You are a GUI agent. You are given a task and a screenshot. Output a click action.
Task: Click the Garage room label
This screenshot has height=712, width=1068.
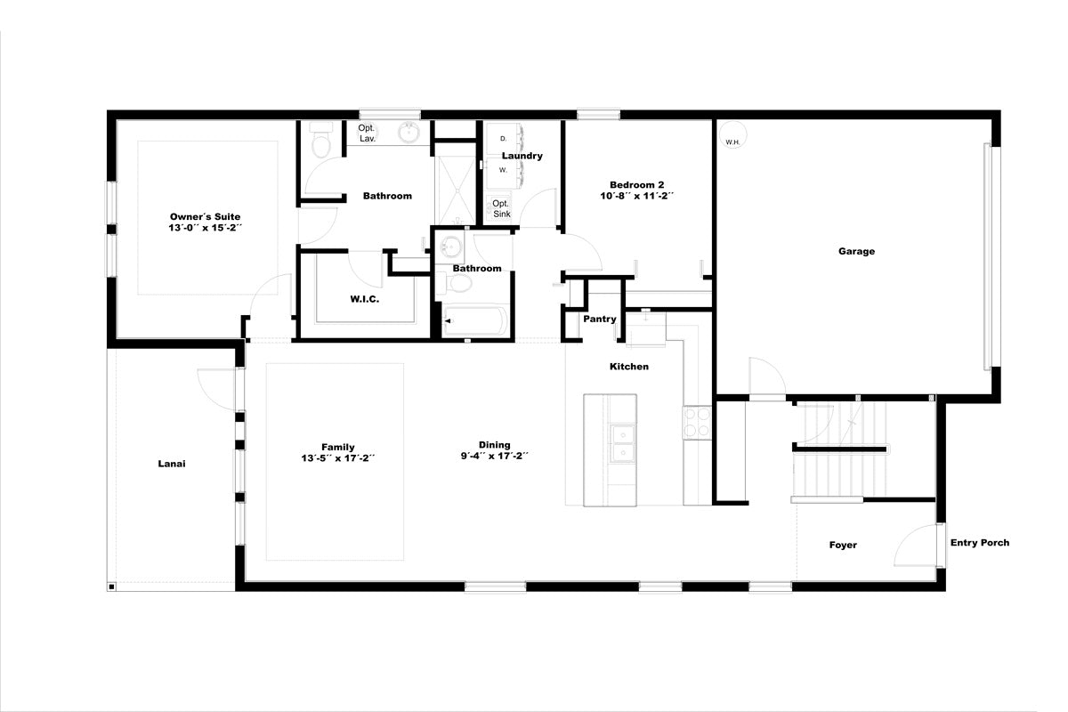(x=856, y=251)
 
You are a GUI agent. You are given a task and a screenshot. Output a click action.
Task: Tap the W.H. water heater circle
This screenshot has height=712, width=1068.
(x=732, y=135)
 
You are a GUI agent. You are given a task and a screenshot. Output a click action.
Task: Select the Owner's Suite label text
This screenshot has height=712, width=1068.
(x=205, y=216)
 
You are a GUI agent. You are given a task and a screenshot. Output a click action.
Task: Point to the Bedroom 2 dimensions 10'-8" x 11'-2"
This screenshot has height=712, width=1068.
(x=636, y=196)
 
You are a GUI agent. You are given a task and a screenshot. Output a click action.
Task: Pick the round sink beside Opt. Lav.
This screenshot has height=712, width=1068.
(x=409, y=132)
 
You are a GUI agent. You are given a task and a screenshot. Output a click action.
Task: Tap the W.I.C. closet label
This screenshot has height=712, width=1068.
(x=365, y=299)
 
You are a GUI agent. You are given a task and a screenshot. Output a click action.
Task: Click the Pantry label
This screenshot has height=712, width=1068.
(x=599, y=319)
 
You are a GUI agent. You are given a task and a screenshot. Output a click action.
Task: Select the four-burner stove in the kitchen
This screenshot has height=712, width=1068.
(x=697, y=423)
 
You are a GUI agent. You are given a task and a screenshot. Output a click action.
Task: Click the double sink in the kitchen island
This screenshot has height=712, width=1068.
(x=623, y=443)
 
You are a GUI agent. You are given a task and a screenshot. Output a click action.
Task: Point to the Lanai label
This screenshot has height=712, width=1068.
(x=172, y=464)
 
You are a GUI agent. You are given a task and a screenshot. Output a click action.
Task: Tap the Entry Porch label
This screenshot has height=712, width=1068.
(x=980, y=542)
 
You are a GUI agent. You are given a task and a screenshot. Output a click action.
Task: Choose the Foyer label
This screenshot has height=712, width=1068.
(x=843, y=545)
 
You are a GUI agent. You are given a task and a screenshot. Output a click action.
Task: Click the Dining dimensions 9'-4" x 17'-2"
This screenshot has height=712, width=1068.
(x=495, y=456)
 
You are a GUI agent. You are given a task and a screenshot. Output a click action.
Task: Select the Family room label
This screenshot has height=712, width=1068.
(x=337, y=447)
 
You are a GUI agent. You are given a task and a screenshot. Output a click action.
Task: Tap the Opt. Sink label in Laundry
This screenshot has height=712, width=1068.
(x=501, y=209)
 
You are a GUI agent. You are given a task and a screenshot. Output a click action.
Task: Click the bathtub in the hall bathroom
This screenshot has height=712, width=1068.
(x=475, y=321)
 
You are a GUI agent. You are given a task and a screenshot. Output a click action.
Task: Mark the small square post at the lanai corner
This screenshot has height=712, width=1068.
(x=111, y=587)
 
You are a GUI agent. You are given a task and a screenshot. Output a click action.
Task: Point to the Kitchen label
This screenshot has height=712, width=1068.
(x=629, y=367)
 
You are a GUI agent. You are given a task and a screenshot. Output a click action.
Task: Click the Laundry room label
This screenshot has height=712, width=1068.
(x=522, y=156)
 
